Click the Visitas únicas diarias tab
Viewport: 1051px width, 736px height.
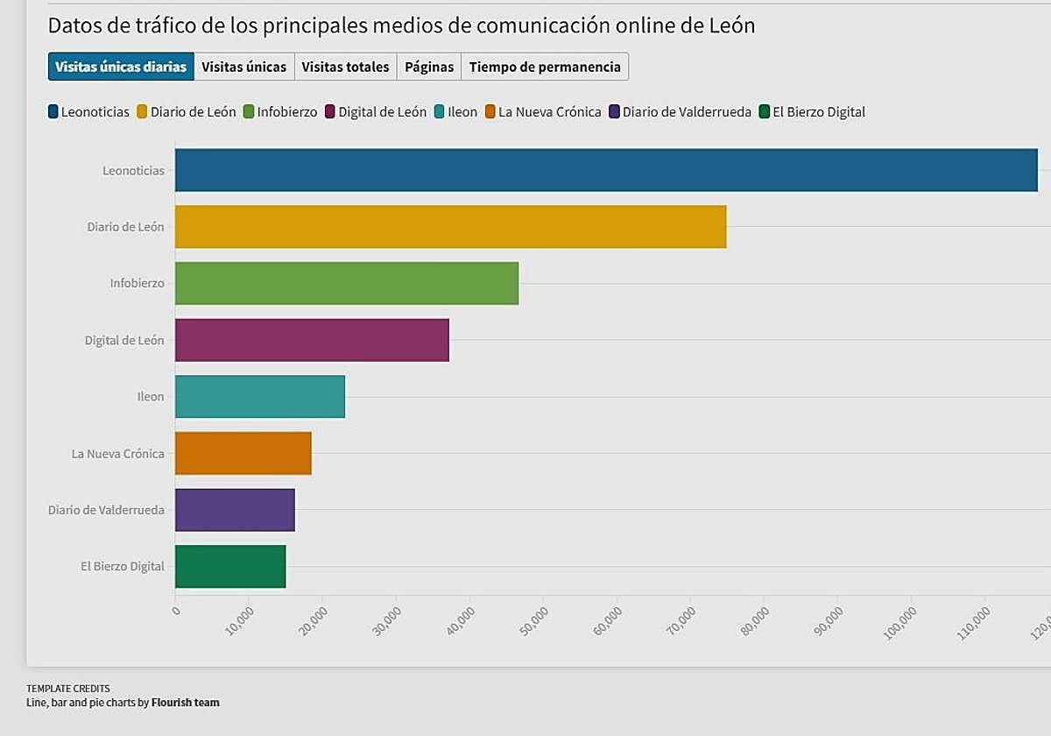tap(121, 67)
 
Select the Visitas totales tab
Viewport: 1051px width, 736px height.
tap(345, 67)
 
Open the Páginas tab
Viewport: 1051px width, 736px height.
tap(429, 67)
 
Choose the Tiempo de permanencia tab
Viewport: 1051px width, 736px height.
tap(545, 67)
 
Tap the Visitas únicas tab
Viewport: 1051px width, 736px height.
tap(243, 67)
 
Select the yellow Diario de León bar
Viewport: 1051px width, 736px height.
tap(450, 227)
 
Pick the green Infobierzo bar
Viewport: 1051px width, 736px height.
tap(347, 283)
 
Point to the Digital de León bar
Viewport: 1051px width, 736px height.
tap(312, 340)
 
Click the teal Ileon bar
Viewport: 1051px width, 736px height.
tap(260, 396)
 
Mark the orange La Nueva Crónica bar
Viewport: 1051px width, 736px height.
tap(243, 453)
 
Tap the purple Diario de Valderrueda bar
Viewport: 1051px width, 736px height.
tap(235, 510)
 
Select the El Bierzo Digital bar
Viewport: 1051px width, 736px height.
tap(230, 566)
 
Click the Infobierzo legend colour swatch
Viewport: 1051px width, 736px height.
tap(249, 111)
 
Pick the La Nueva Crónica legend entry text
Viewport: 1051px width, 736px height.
tap(550, 111)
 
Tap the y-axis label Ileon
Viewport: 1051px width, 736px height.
tap(151, 397)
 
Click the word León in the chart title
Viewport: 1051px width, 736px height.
tap(730, 25)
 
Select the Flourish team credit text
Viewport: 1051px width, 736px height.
tap(186, 702)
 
